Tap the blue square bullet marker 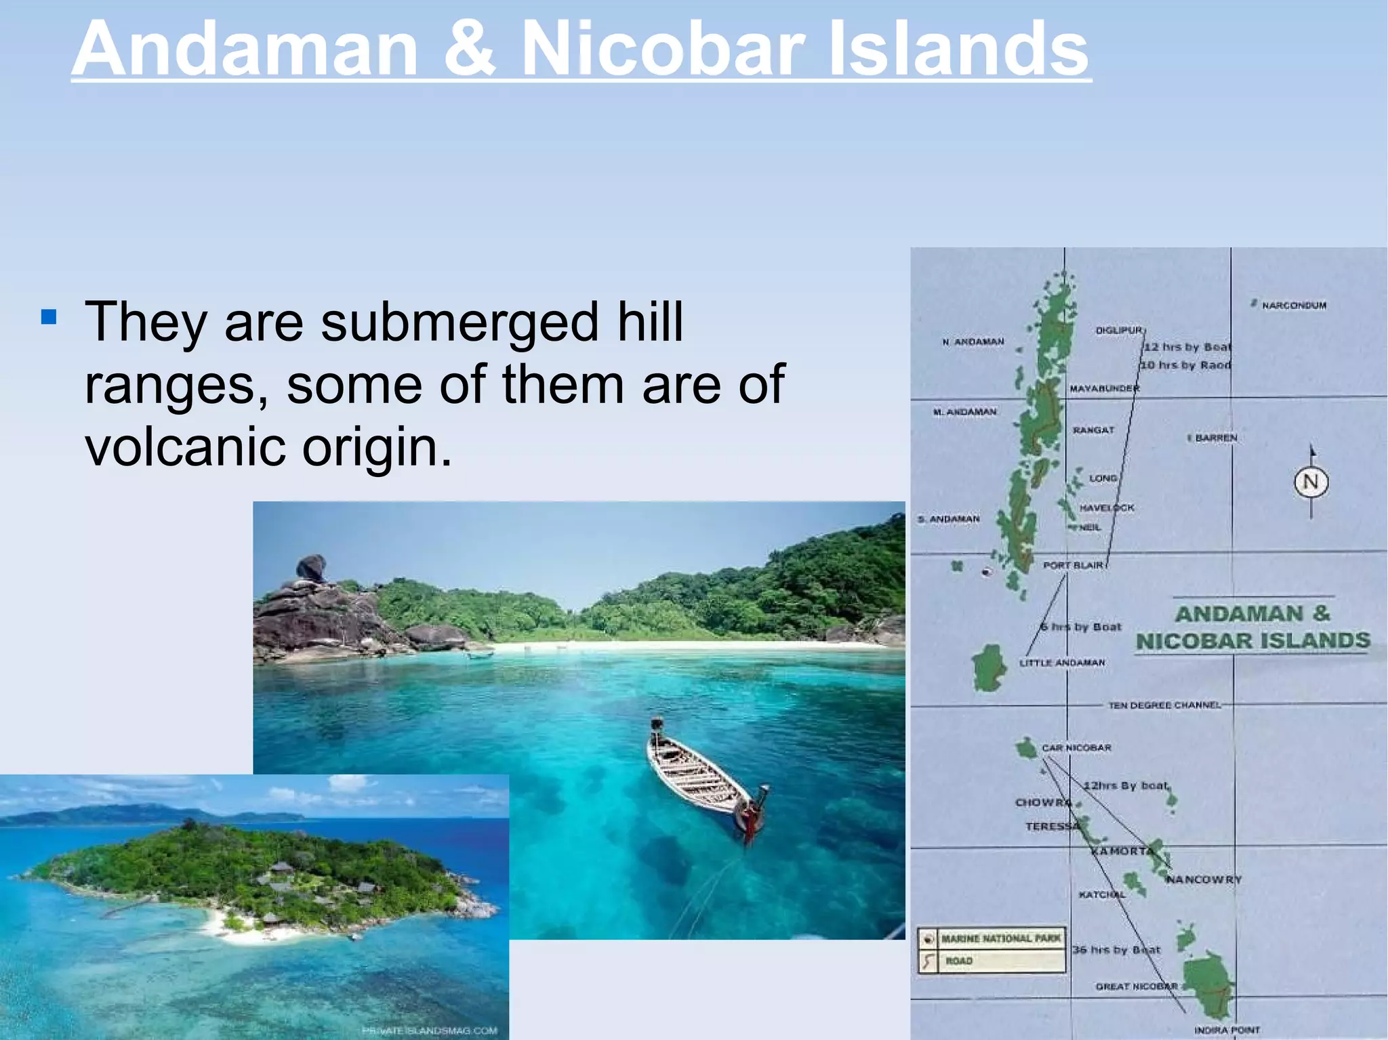(x=48, y=316)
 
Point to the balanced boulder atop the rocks (x=311, y=567)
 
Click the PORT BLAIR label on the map (x=1073, y=565)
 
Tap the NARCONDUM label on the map (x=1293, y=306)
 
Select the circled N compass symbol (x=1311, y=482)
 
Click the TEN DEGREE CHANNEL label (x=1164, y=705)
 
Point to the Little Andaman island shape (x=989, y=667)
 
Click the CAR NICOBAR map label (x=1076, y=748)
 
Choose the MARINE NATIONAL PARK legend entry (x=1000, y=939)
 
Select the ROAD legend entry (x=959, y=961)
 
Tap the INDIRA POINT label (x=1226, y=1030)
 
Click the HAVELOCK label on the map (x=1106, y=507)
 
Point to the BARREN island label (x=1215, y=438)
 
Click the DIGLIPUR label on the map (x=1119, y=331)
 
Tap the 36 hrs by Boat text (x=1116, y=950)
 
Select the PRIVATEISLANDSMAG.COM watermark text (x=430, y=1031)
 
